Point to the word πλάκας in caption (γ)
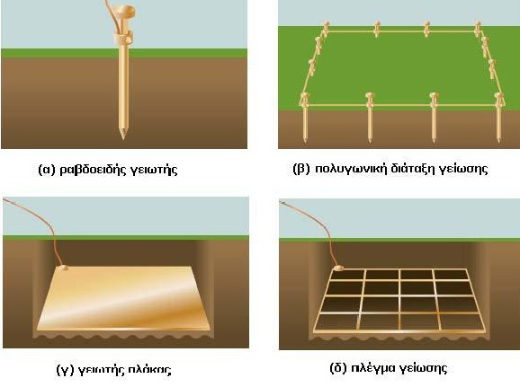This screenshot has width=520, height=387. click(149, 369)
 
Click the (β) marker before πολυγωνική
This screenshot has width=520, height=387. click(301, 169)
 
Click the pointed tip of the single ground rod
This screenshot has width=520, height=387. click(123, 138)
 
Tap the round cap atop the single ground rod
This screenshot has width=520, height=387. click(123, 12)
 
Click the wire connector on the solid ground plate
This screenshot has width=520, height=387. click(62, 268)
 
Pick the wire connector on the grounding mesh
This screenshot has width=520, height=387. click(339, 268)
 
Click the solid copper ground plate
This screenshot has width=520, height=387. click(123, 299)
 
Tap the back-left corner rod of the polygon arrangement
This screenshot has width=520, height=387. click(326, 28)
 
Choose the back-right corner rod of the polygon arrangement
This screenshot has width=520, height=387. click(477, 28)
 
